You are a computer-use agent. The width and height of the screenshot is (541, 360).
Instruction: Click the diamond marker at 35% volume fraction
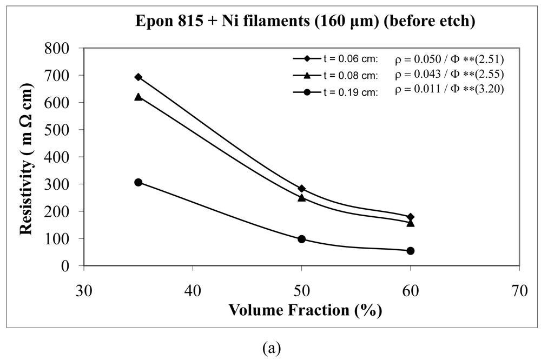[x=138, y=77]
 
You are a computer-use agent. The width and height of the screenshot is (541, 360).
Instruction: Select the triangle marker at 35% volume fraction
[x=138, y=97]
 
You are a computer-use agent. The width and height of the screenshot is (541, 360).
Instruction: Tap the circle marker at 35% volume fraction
[x=138, y=183]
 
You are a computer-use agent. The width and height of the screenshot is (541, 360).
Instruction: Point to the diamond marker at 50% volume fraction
[x=301, y=189]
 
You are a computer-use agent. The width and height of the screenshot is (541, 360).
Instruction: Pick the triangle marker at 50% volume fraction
[x=301, y=197]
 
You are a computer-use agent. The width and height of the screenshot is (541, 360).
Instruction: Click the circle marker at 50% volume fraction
[x=301, y=239]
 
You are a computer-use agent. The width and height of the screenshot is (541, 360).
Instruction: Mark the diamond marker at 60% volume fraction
[x=410, y=217]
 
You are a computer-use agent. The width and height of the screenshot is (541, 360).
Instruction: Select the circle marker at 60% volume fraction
[x=410, y=251]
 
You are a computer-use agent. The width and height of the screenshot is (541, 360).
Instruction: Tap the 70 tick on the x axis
[x=519, y=291]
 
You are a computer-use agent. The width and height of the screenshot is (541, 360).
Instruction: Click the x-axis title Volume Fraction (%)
[x=306, y=311]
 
